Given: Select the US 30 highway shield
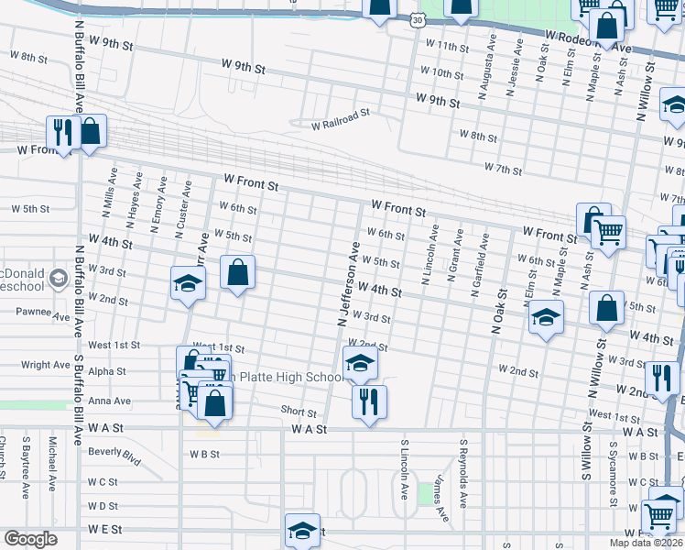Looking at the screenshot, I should coord(418,18).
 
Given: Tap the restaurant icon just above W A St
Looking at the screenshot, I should coord(369,401).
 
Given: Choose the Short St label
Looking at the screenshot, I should coord(299,413).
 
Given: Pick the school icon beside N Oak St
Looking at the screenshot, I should coord(546,316).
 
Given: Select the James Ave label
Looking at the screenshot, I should coord(440,499).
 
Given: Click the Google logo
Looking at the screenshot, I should coord(31,538).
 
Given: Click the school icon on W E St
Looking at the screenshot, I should coord(302,529).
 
